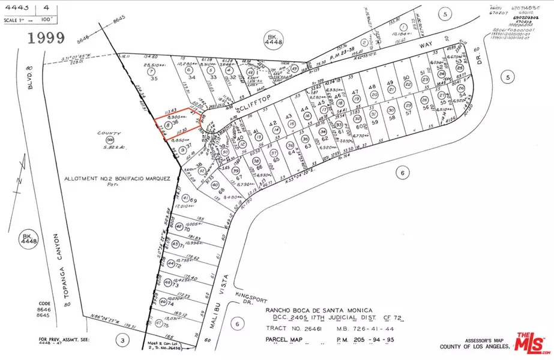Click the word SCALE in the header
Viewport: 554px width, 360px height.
tap(10, 18)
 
